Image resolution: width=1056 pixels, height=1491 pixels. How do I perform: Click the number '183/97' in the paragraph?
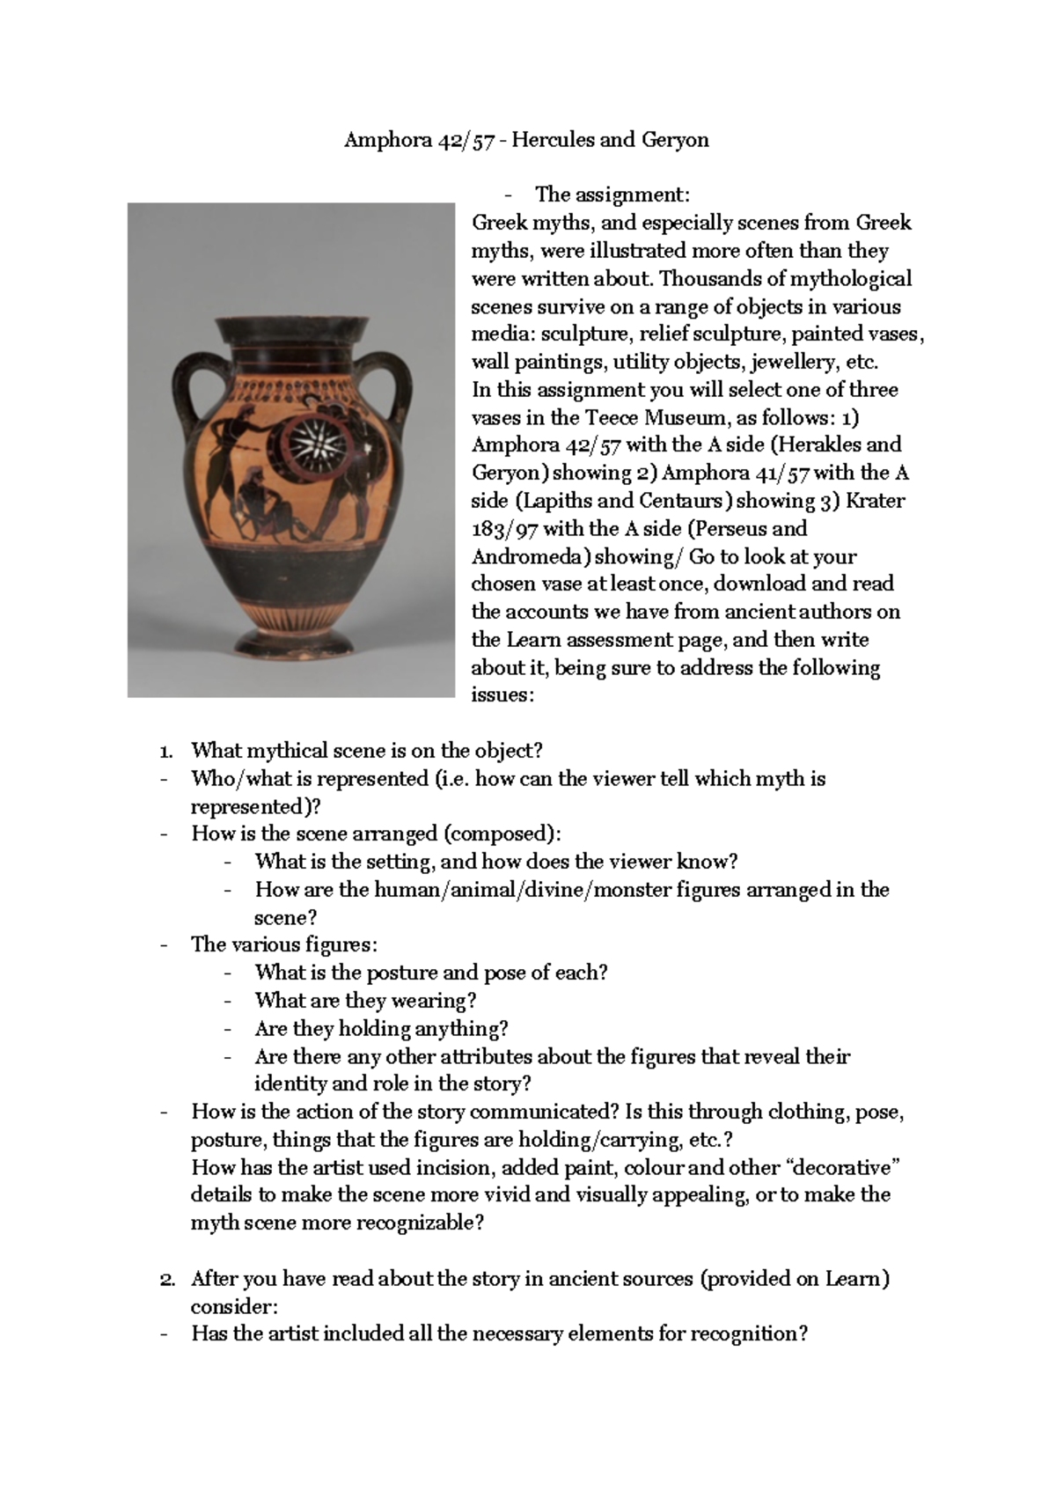pyautogui.click(x=504, y=529)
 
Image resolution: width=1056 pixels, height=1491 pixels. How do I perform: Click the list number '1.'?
pyautogui.click(x=166, y=751)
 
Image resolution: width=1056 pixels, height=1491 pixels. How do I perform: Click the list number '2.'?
pyautogui.click(x=167, y=1279)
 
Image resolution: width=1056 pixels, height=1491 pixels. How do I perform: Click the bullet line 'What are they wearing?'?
pyautogui.click(x=365, y=1001)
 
